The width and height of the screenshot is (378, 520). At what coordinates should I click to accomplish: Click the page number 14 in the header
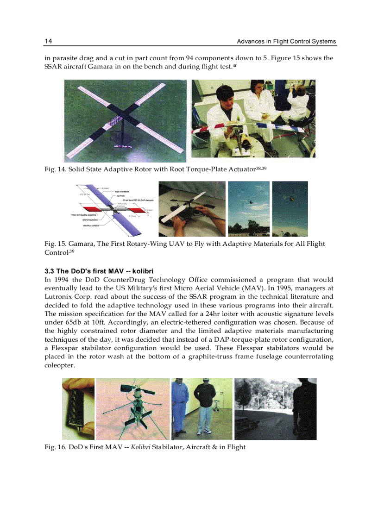tap(48, 41)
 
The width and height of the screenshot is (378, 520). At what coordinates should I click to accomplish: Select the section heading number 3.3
tap(50, 270)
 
